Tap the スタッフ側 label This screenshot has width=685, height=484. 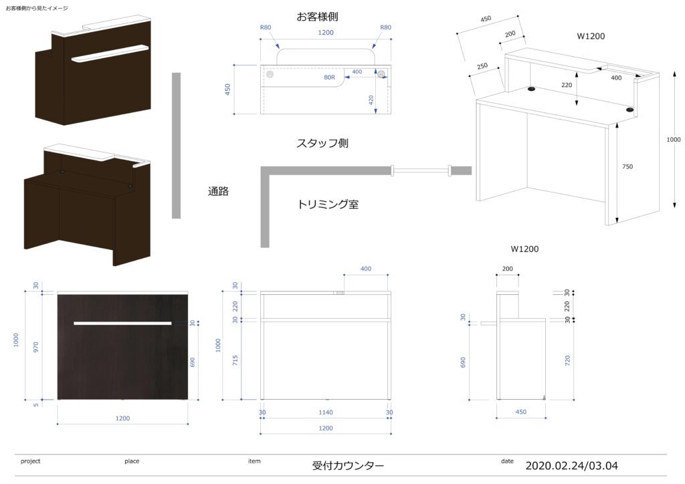pos(322,144)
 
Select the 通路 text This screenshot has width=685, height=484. pos(219,192)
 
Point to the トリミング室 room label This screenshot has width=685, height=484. pos(328,205)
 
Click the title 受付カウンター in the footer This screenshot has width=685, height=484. pos(348,465)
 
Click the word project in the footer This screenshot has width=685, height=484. pos(31,461)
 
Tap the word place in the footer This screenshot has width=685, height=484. pos(132,461)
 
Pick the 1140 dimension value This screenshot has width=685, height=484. pos(326,412)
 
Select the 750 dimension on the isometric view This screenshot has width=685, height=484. pos(627,166)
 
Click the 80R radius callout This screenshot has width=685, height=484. pos(329,77)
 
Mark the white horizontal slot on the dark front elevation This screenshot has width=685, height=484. pos(122,324)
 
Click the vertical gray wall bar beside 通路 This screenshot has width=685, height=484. pos(176,145)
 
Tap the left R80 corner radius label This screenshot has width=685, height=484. pos(266,28)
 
